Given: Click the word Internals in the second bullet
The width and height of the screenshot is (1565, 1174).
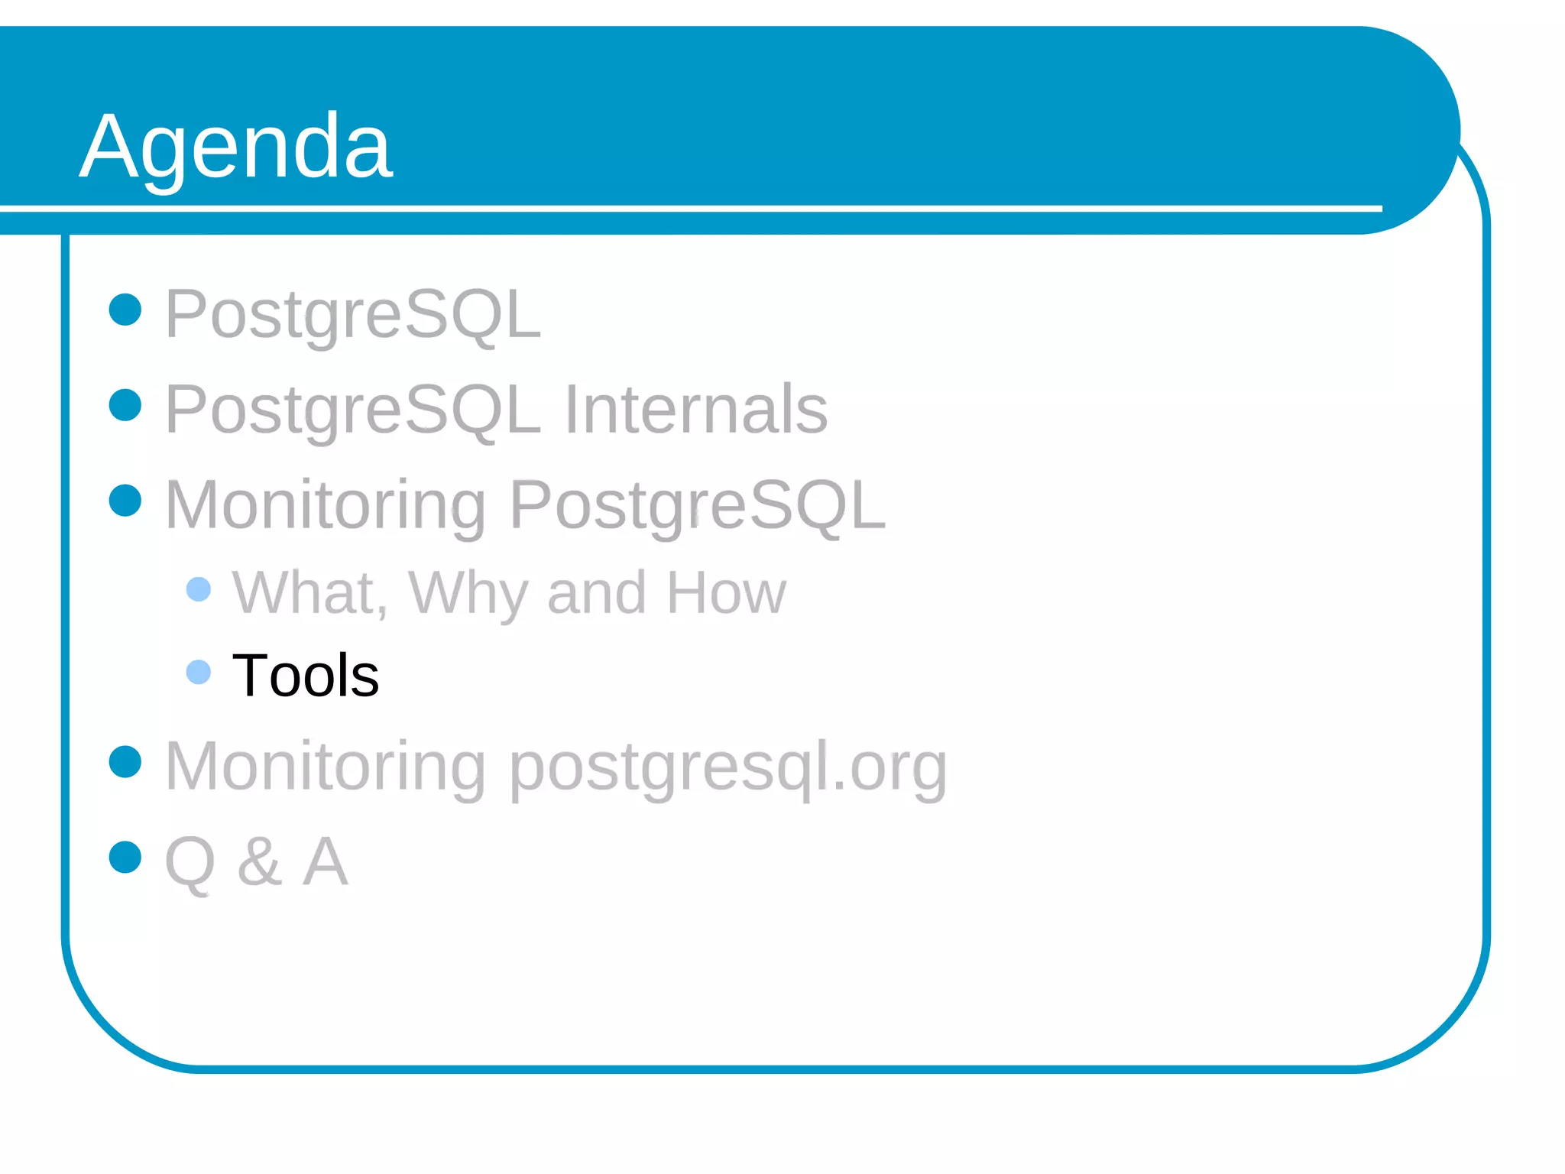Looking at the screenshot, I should click(x=695, y=410).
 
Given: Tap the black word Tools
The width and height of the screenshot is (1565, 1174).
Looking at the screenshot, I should click(x=305, y=676).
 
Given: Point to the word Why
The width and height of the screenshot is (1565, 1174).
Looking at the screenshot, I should click(x=468, y=593).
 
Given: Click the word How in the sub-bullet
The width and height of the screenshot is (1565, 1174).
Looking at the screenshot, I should click(x=726, y=593).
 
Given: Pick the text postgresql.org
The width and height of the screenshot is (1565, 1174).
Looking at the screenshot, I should click(x=727, y=766).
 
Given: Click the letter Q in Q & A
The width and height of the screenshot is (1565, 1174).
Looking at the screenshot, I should click(x=190, y=862).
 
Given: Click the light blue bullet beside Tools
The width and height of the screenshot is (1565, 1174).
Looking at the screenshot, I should click(x=199, y=673).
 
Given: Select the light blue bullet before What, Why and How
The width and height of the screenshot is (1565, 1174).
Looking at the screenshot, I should click(x=199, y=589).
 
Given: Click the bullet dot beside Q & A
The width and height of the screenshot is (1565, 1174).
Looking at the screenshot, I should click(x=125, y=857).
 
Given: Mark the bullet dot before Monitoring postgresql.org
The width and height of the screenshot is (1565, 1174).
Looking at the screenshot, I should click(x=125, y=761).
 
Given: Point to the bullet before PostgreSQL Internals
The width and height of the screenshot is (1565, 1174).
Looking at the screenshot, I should click(x=125, y=405).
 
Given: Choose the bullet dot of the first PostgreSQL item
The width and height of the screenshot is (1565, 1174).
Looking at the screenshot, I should click(x=125, y=310).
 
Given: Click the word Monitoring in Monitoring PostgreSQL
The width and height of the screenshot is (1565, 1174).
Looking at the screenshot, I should click(x=325, y=505).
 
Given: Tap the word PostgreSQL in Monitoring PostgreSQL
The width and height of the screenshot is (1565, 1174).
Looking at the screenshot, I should click(x=697, y=505).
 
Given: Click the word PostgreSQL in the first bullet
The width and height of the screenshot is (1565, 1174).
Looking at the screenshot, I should click(x=353, y=314).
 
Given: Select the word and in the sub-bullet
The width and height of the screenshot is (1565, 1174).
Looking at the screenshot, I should click(x=597, y=593).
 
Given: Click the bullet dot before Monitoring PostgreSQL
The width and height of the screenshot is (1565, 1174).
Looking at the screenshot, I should click(x=125, y=501).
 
